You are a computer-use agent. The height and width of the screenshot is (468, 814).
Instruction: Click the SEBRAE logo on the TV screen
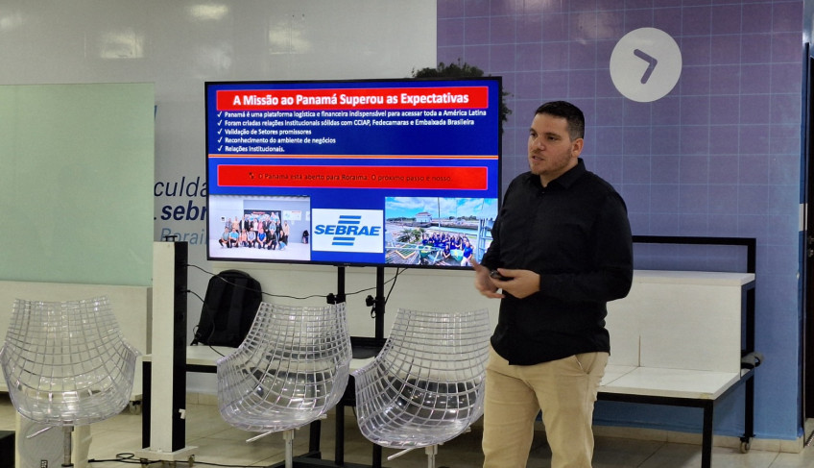347,231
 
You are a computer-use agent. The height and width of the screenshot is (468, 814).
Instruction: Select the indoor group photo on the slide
259,229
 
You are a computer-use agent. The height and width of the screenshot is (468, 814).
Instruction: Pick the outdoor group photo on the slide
440,231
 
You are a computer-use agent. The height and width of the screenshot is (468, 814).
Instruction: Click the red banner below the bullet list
352,176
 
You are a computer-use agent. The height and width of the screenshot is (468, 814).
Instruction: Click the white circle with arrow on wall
645,64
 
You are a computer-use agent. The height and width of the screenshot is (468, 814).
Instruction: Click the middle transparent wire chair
285,370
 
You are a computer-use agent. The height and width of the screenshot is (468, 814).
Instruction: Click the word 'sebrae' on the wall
183,211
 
